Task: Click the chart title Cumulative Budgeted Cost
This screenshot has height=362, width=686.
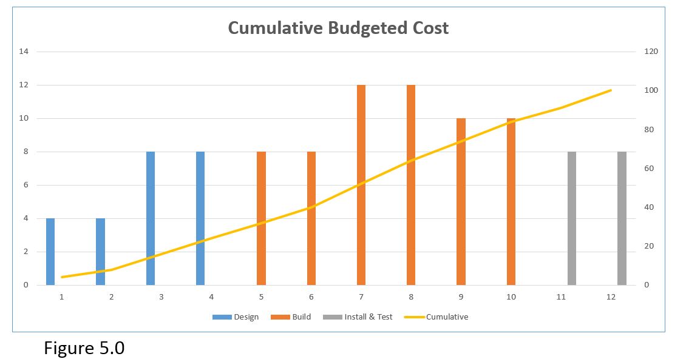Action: [x=338, y=28]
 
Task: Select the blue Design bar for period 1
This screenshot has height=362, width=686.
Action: [x=50, y=252]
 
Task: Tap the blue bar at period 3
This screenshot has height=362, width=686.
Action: [x=151, y=218]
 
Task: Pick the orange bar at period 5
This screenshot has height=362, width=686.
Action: [x=261, y=218]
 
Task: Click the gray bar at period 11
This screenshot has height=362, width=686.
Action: [x=572, y=218]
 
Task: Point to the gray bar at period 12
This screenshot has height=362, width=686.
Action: [x=622, y=218]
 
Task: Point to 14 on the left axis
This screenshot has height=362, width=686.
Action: [x=24, y=52]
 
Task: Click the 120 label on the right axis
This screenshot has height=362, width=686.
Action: [x=651, y=52]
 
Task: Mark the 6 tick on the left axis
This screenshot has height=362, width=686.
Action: [x=26, y=185]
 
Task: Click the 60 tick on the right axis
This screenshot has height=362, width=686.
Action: [x=649, y=168]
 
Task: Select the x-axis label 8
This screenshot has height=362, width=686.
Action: [x=411, y=297]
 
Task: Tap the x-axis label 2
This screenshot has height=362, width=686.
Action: [x=111, y=297]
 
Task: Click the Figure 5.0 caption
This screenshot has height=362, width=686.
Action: [x=84, y=349]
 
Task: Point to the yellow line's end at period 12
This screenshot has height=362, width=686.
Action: [x=611, y=90]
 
